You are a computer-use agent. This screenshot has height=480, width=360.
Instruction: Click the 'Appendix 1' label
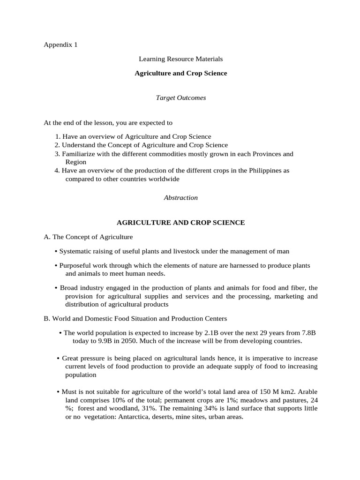coord(60,45)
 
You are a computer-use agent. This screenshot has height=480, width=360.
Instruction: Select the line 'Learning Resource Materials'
coord(180,59)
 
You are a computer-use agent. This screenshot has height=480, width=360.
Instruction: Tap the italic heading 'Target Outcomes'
coord(180,98)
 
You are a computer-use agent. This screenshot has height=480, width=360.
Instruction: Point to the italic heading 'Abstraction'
coord(180,198)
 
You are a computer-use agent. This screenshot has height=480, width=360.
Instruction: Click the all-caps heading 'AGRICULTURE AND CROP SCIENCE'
coord(180,223)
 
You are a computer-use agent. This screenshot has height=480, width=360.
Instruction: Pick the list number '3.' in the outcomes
coord(57,154)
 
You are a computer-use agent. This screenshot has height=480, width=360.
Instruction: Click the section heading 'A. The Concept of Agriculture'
coord(88,237)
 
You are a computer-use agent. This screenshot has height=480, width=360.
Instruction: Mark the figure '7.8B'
coord(307,332)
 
